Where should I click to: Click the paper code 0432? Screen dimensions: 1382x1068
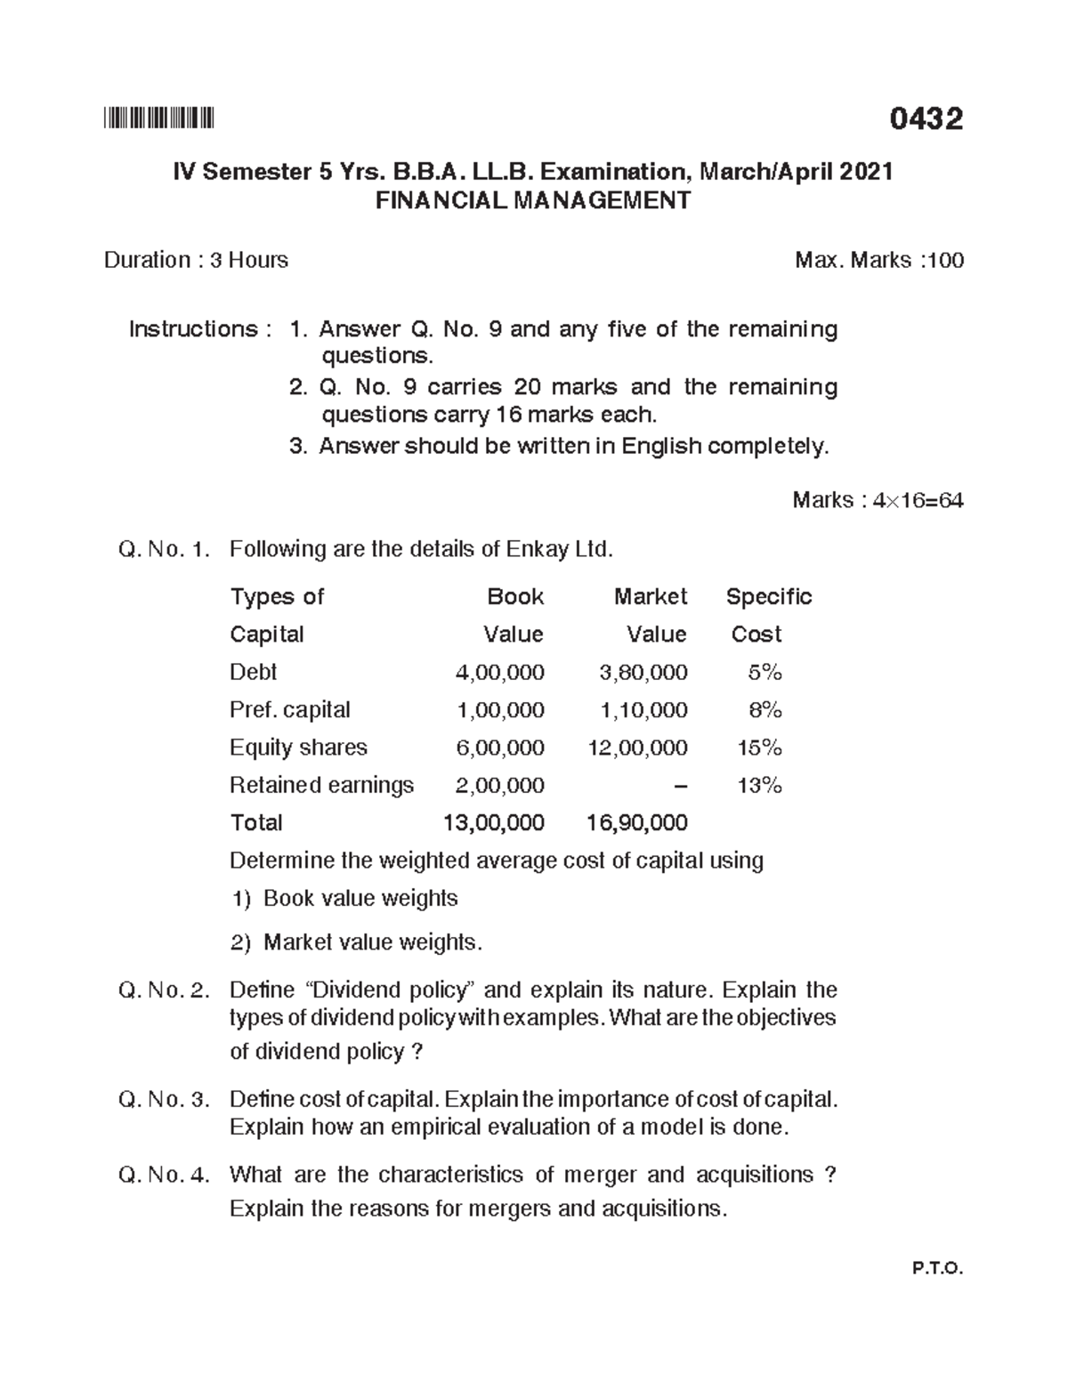click(926, 118)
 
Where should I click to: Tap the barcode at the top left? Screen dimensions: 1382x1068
click(159, 118)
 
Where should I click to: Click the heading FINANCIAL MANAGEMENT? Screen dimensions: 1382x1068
click(532, 201)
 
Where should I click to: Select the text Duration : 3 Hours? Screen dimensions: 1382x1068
click(196, 260)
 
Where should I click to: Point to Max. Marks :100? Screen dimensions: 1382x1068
click(878, 260)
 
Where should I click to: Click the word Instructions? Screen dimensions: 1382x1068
click(193, 329)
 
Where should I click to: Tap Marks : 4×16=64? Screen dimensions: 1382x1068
click(877, 500)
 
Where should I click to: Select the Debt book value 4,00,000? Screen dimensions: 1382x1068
click(499, 672)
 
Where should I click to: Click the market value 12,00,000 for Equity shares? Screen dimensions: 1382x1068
click(637, 748)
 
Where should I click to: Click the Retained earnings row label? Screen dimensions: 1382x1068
click(321, 785)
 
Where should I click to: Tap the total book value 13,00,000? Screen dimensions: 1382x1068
click(494, 823)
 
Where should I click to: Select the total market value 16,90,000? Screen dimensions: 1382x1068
click(637, 823)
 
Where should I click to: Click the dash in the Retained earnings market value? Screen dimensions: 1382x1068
click(681, 785)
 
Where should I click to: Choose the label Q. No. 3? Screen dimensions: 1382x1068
click(164, 1100)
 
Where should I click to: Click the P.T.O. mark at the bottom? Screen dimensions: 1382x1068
click(937, 1269)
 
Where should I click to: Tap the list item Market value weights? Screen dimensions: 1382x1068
click(372, 942)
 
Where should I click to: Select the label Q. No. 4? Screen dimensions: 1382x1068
click(164, 1176)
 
